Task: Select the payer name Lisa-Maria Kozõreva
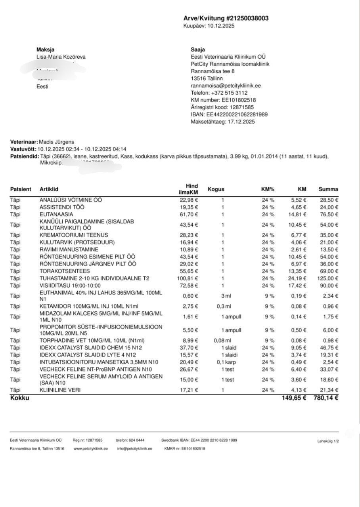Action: [x=61, y=57]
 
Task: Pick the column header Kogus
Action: [x=216, y=189]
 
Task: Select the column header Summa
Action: [x=328, y=189]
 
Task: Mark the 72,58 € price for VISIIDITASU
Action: [x=189, y=286]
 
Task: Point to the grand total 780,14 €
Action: [x=326, y=398]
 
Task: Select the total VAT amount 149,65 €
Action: [x=294, y=398]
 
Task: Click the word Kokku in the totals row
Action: [x=19, y=398]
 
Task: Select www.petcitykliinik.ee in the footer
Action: [x=91, y=449]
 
